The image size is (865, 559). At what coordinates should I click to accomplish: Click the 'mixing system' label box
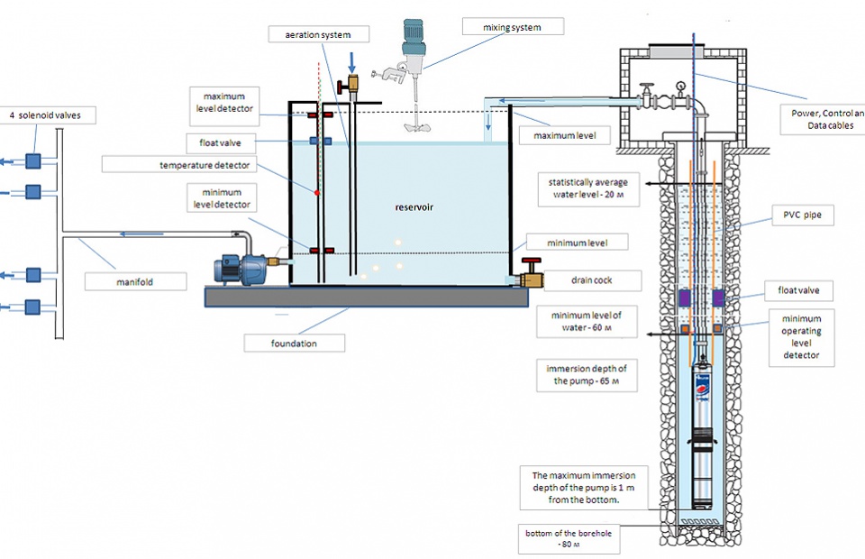tap(513, 26)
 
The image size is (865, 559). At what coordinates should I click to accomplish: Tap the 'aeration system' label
tap(318, 34)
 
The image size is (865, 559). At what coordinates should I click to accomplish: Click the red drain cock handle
tap(532, 261)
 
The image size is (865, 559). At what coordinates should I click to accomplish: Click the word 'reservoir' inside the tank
tap(414, 207)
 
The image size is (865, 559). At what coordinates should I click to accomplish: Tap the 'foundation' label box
tap(294, 344)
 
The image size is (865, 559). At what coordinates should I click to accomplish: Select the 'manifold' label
tap(135, 281)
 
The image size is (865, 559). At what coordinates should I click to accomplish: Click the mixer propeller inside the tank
tap(415, 126)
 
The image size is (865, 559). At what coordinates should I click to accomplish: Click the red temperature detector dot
tap(316, 193)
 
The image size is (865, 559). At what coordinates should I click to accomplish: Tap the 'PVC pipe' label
tap(802, 215)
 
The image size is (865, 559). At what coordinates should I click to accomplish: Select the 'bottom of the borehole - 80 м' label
tap(569, 538)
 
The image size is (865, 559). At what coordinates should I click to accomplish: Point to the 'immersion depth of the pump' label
tap(587, 375)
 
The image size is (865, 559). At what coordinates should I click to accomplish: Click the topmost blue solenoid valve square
tap(33, 160)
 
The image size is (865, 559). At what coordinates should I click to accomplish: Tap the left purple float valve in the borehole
tap(685, 298)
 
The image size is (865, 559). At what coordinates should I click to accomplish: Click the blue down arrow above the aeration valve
tap(352, 62)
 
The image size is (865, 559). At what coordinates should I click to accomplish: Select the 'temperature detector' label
tap(205, 165)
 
